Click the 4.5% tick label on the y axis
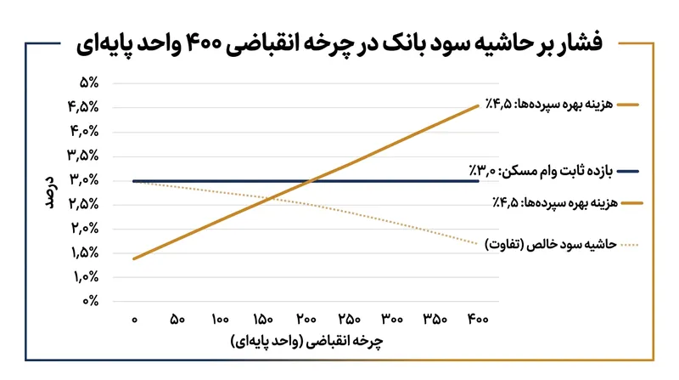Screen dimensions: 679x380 pyautogui.click(x=83, y=107)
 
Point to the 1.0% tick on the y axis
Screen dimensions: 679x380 pyautogui.click(x=86, y=277)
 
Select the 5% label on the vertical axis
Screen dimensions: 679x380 pyautogui.click(x=89, y=82)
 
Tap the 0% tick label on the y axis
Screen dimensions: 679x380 pyautogui.click(x=91, y=301)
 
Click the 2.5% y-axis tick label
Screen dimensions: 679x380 pyautogui.click(x=83, y=204)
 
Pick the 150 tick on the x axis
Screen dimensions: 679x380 pyautogui.click(x=263, y=320)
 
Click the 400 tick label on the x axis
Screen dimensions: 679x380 pyautogui.click(x=478, y=320)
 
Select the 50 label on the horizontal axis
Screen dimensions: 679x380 pyautogui.click(x=177, y=320)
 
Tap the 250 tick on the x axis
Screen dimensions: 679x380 pyautogui.click(x=349, y=320)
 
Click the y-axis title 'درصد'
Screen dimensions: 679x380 pyautogui.click(x=51, y=192)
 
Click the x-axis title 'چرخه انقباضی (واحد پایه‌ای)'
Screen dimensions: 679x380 pyautogui.click(x=307, y=341)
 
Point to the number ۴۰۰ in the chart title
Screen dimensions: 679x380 pyautogui.click(x=204, y=44)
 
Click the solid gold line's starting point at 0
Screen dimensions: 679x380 pyautogui.click(x=134, y=258)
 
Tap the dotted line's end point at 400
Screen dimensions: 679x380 pyautogui.click(x=478, y=244)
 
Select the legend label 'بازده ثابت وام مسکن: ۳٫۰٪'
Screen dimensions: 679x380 pyautogui.click(x=541, y=171)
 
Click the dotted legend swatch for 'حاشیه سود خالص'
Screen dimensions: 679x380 pyautogui.click(x=630, y=245)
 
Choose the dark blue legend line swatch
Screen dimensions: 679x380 pyautogui.click(x=628, y=172)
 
